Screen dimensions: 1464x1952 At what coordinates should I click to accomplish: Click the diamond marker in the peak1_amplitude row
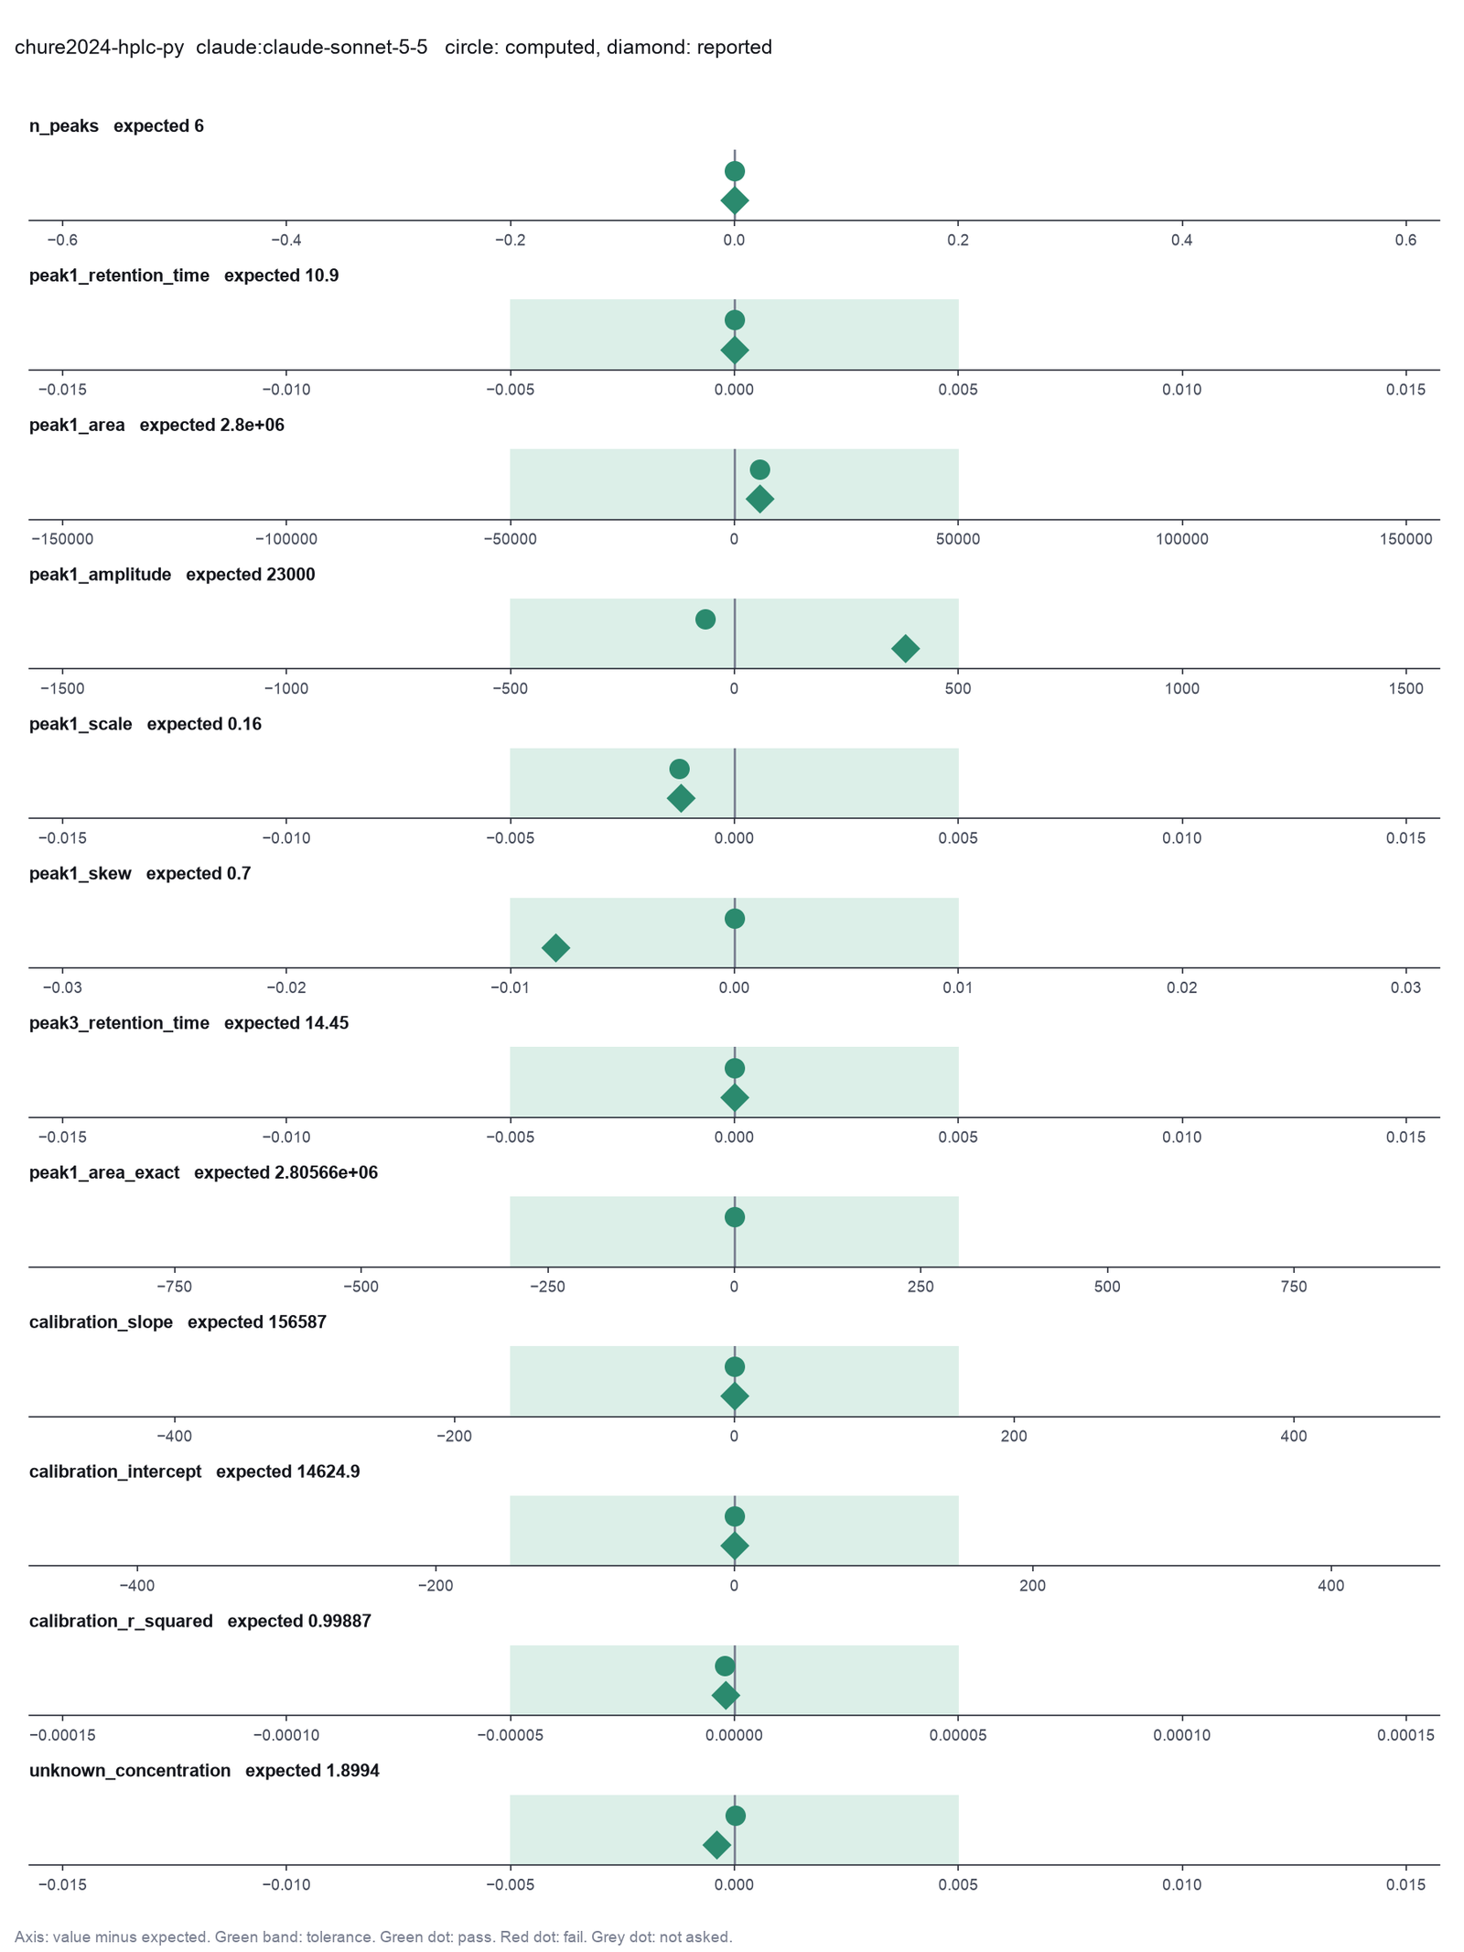[905, 649]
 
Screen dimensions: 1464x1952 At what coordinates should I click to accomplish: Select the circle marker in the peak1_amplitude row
[705, 620]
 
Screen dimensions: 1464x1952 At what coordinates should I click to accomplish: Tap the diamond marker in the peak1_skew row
[555, 948]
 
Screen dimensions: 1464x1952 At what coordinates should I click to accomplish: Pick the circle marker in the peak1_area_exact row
[734, 1217]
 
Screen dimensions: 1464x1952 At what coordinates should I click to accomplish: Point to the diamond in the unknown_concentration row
[716, 1845]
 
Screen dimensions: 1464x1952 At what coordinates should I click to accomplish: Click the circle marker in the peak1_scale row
[679, 769]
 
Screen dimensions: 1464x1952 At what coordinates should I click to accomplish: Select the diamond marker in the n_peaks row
[734, 200]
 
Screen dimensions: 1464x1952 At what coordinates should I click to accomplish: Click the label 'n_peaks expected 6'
[116, 126]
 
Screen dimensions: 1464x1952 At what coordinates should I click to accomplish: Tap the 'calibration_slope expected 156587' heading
[178, 1322]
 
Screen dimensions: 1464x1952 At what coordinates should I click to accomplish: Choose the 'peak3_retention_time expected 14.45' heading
[188, 1023]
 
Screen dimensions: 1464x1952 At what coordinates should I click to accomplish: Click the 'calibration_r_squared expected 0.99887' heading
[200, 1622]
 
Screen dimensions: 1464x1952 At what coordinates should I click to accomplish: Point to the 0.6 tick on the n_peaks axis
[1406, 240]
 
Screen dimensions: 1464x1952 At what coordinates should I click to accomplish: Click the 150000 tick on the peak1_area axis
[1406, 539]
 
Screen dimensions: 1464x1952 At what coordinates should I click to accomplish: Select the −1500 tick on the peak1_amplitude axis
[62, 688]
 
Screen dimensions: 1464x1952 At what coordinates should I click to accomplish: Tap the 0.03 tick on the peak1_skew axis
[1406, 987]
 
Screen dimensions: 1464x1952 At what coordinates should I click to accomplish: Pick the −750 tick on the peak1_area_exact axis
[175, 1287]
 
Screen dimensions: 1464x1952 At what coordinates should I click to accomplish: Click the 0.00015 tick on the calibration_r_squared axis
[1406, 1735]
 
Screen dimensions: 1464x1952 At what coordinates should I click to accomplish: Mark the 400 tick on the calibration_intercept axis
[1331, 1586]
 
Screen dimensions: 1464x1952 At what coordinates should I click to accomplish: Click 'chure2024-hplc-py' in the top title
[99, 48]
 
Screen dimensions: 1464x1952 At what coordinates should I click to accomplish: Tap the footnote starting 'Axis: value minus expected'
[373, 1937]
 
